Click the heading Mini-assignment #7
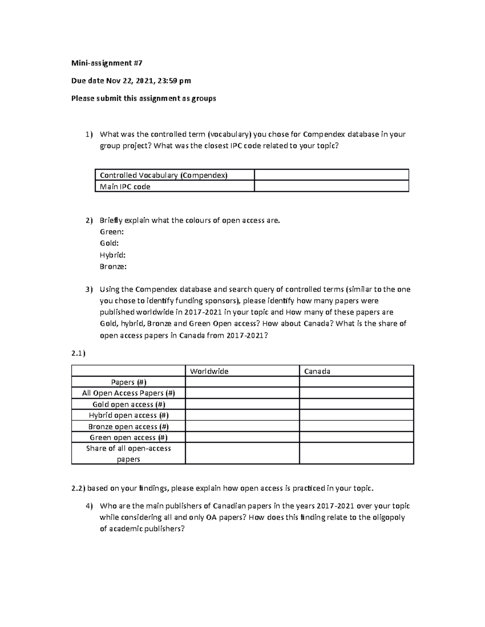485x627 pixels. (x=107, y=63)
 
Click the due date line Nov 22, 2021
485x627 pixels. (x=131, y=81)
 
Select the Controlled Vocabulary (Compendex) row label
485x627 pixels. (x=164, y=175)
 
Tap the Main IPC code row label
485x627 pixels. (x=125, y=187)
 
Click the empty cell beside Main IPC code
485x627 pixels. (x=331, y=186)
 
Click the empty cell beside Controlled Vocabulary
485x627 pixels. (x=331, y=175)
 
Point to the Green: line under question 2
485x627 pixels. (x=112, y=232)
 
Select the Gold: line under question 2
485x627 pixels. (x=109, y=243)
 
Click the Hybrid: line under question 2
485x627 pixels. (x=112, y=255)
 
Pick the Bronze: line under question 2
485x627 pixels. (x=113, y=266)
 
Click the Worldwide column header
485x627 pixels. (x=209, y=371)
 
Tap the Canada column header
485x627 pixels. (x=317, y=371)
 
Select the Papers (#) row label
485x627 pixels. (x=129, y=382)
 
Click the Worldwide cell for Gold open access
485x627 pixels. (x=242, y=404)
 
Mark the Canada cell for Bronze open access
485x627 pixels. (x=356, y=426)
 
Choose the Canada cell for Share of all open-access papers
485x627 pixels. (x=356, y=453)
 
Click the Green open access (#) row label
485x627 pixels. (x=129, y=437)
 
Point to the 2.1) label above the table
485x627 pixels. (x=78, y=353)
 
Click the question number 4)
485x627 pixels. (x=89, y=506)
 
